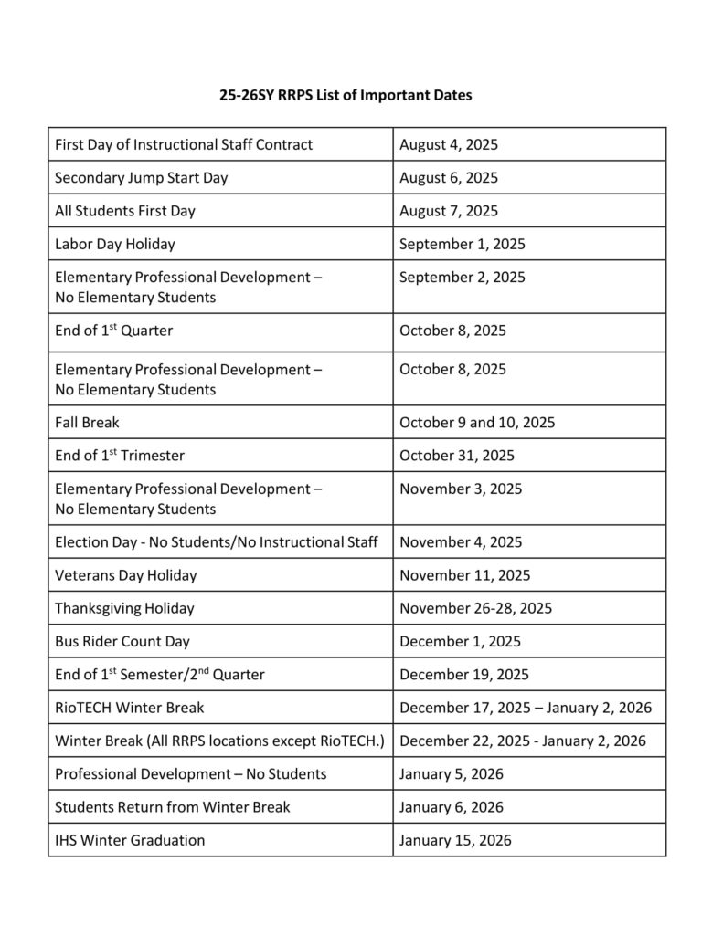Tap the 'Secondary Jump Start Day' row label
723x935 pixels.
(x=142, y=177)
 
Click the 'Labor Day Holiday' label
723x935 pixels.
(x=115, y=244)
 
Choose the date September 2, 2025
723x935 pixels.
(x=463, y=277)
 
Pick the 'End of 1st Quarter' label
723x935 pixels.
(x=113, y=331)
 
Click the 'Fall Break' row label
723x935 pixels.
(x=87, y=423)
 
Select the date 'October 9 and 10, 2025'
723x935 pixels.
(x=477, y=423)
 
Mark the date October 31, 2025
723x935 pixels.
(x=457, y=456)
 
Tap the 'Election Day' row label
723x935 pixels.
(x=217, y=542)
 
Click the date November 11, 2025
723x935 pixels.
(x=464, y=575)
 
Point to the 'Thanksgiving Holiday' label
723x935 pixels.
(x=124, y=608)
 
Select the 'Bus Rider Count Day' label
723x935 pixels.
(x=122, y=641)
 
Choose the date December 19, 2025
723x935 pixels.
(x=464, y=675)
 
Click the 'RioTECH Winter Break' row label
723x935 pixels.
(x=130, y=708)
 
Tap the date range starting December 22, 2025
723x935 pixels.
(x=523, y=741)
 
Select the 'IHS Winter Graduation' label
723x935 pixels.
(x=130, y=840)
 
